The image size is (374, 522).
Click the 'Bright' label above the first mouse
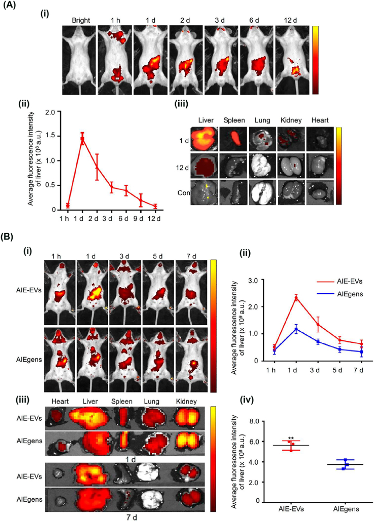81,20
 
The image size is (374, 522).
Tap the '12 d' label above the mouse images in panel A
290,20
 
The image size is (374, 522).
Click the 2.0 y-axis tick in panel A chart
50,112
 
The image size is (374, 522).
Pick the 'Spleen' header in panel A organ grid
234,120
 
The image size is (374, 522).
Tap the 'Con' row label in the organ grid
184,193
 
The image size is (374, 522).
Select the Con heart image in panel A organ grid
320,193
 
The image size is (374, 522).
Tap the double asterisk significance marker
290,439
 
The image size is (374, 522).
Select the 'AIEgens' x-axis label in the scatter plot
345,509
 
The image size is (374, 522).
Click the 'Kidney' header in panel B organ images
187,401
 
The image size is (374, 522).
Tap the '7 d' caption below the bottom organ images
130,517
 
